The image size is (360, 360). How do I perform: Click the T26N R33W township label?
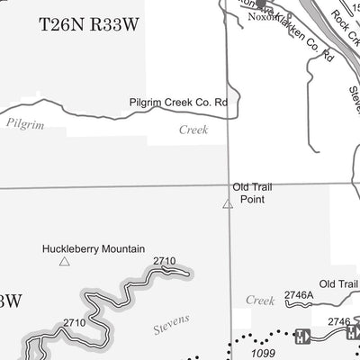point(86,25)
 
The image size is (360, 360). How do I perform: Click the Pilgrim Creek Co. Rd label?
point(178,103)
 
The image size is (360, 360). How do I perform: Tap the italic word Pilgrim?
point(25,122)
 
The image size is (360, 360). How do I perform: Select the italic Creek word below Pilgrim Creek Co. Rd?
point(193,130)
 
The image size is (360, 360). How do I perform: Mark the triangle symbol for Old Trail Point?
point(228,205)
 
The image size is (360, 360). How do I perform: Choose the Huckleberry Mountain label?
point(86,247)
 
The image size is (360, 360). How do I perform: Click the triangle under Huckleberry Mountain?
point(63,262)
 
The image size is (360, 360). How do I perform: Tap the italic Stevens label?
point(171,319)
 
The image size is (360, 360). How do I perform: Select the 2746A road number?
point(298,294)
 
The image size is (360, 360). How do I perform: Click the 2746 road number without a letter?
point(338,321)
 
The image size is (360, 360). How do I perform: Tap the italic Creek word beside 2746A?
point(261,299)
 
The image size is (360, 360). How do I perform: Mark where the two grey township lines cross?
point(228,188)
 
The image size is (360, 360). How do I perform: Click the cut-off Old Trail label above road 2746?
point(338,284)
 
